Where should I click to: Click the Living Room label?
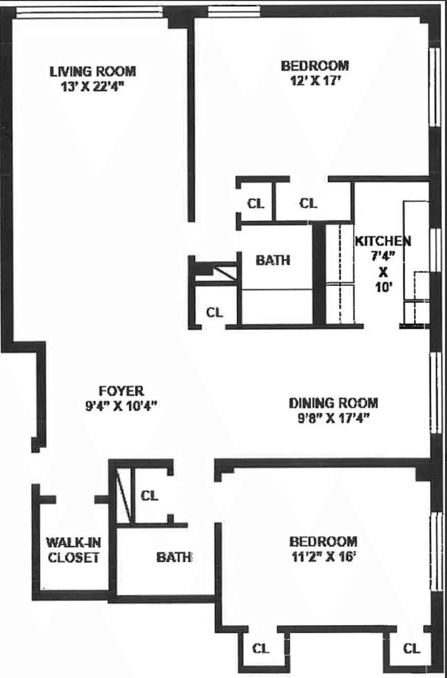pyautogui.click(x=92, y=71)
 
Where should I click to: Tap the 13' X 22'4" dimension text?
pyautogui.click(x=92, y=84)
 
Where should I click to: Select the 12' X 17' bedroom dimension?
pyautogui.click(x=314, y=80)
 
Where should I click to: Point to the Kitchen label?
pyautogui.click(x=383, y=240)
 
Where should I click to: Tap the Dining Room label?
pyautogui.click(x=333, y=403)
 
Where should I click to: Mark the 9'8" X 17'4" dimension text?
pyautogui.click(x=333, y=418)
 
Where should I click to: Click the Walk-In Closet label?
pyautogui.click(x=73, y=549)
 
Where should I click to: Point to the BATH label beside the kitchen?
pyautogui.click(x=273, y=260)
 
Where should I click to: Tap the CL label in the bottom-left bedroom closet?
pyautogui.click(x=260, y=648)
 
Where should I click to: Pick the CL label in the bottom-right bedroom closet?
pyautogui.click(x=412, y=648)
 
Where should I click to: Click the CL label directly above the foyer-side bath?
pyautogui.click(x=150, y=496)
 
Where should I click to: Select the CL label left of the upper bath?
pyautogui.click(x=214, y=312)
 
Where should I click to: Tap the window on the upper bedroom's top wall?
pyautogui.click(x=234, y=10)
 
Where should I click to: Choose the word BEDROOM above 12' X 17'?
pyautogui.click(x=314, y=66)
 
